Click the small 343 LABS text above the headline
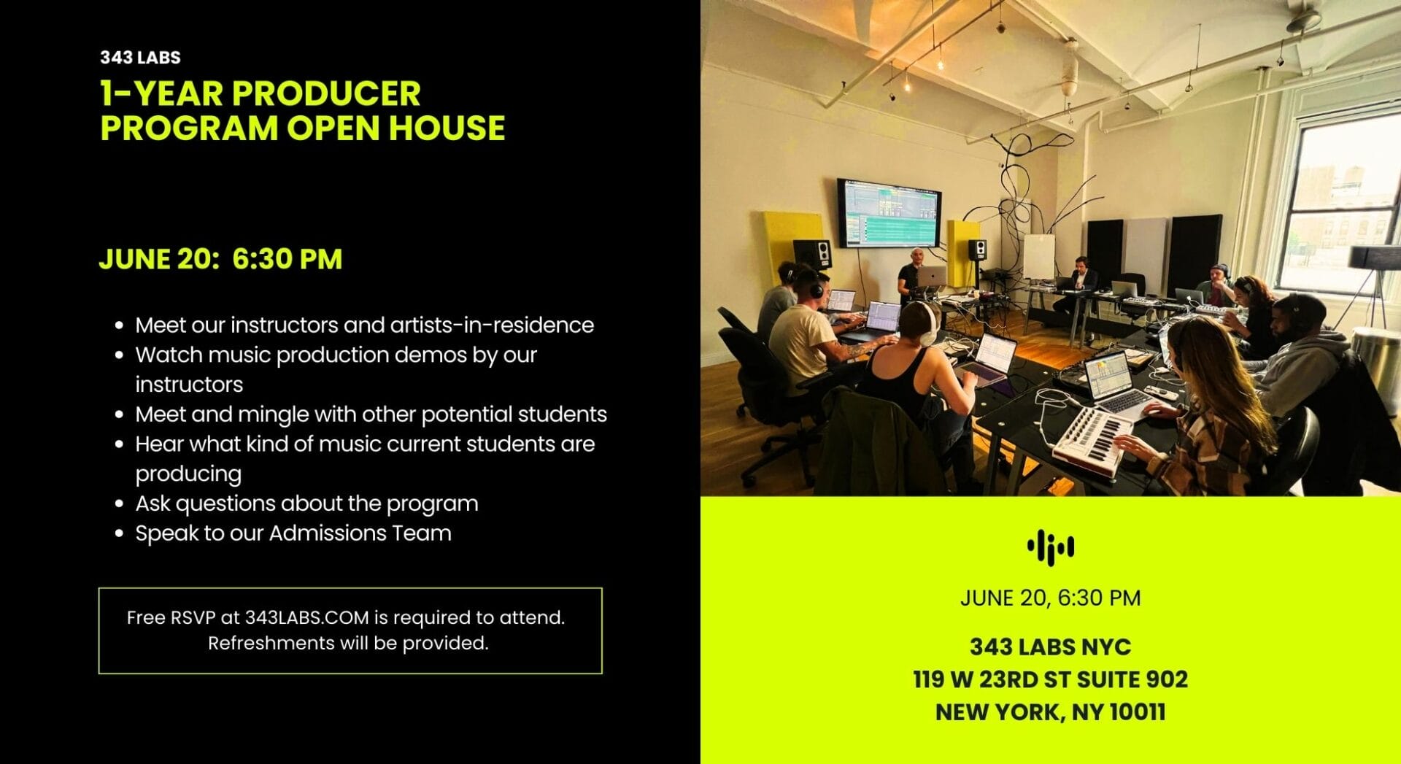tap(140, 57)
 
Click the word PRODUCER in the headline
tap(326, 93)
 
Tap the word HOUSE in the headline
tap(447, 128)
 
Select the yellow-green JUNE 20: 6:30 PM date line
tap(220, 259)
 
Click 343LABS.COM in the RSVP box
tap(306, 617)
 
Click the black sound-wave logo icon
tap(1050, 547)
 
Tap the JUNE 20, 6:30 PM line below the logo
tap(1050, 598)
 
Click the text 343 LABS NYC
tap(1050, 647)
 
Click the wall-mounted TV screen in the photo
tap(889, 212)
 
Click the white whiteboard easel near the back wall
tap(1038, 256)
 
